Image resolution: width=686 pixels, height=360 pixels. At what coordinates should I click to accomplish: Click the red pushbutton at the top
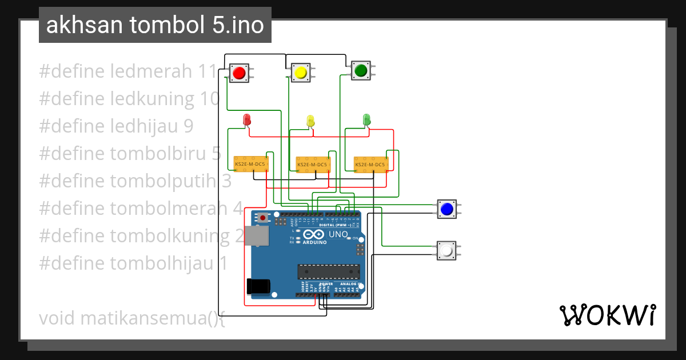click(x=239, y=73)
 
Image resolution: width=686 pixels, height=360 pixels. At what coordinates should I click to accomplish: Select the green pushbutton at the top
click(x=361, y=70)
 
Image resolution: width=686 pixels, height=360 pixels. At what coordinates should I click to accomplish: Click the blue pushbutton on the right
click(x=446, y=209)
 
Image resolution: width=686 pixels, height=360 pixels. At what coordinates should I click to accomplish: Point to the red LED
click(x=247, y=120)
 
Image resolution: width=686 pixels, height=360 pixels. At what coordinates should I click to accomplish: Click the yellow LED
click(x=310, y=121)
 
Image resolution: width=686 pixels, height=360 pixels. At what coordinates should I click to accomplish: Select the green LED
click(x=367, y=119)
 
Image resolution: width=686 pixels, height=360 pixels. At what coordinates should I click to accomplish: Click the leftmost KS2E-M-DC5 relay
click(x=250, y=164)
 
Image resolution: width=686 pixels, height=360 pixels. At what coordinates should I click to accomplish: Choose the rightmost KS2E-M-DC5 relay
click(x=370, y=165)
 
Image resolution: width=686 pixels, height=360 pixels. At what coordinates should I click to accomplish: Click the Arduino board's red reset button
click(x=263, y=218)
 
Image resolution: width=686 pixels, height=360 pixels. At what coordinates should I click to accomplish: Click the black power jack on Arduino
click(x=257, y=286)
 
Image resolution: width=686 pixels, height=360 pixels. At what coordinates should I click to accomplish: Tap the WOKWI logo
click(x=607, y=315)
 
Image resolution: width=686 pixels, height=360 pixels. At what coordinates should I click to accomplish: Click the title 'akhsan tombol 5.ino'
click(x=155, y=25)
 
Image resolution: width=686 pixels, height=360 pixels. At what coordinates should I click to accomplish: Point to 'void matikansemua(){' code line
click(x=132, y=318)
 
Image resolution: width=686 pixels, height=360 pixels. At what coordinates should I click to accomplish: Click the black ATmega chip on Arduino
click(x=328, y=273)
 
